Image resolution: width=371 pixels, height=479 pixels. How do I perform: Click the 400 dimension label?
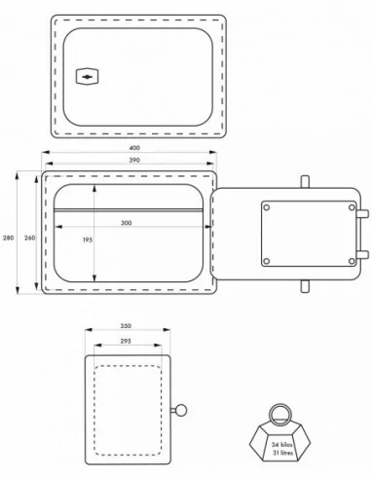(134, 148)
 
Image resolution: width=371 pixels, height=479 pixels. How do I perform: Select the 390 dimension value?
(134, 160)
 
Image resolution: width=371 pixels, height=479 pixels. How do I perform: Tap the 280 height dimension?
(9, 238)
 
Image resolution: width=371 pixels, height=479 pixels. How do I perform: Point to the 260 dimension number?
(29, 238)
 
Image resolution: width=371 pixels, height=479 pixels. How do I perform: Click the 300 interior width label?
(127, 223)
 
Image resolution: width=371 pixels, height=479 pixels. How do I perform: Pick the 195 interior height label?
(88, 240)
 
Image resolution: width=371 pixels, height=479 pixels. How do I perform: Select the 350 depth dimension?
(126, 326)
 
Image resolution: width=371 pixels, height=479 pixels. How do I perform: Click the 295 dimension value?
(126, 341)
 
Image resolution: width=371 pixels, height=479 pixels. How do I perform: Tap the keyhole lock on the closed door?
(87, 77)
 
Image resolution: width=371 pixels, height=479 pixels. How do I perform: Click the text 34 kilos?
(281, 445)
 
